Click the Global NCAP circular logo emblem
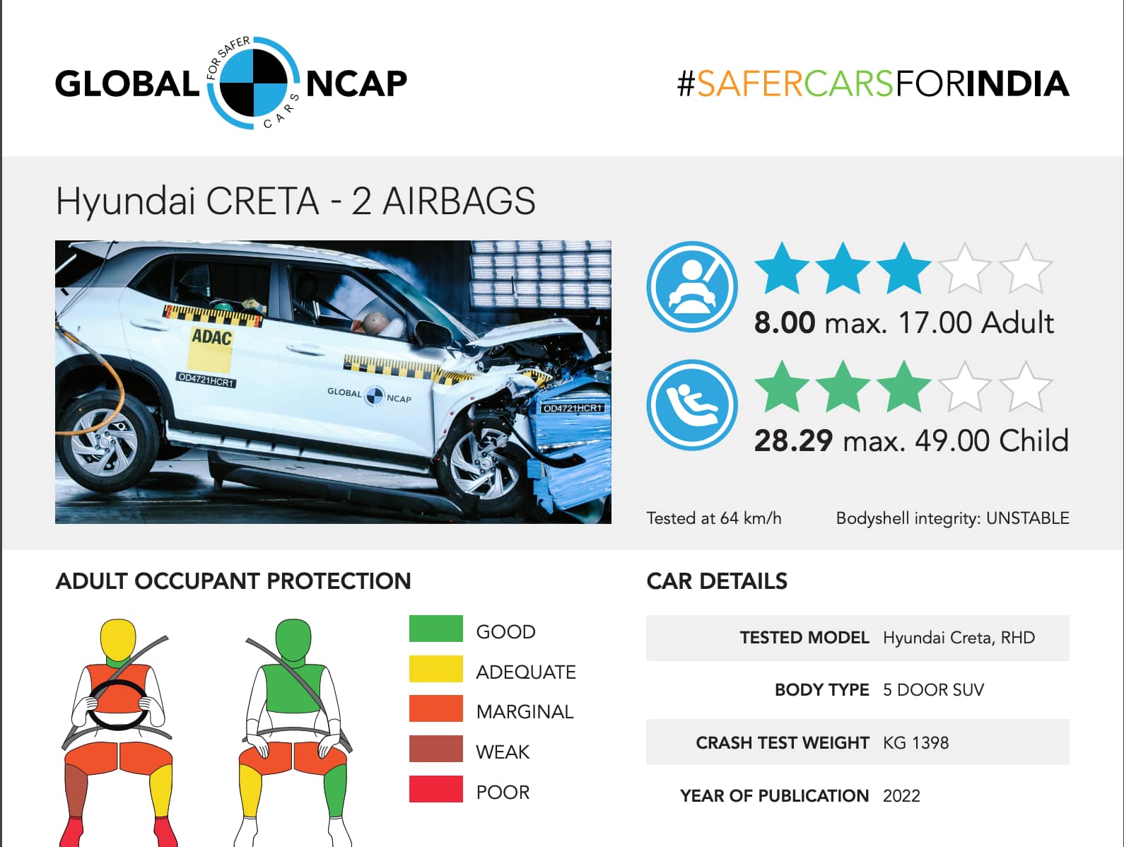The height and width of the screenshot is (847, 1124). [254, 83]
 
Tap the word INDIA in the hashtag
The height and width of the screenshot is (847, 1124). [1017, 84]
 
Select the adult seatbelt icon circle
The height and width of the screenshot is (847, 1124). [692, 287]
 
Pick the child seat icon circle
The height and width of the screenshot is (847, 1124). [692, 404]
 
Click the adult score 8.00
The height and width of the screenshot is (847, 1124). [784, 323]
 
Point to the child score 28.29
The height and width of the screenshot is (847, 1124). [793, 441]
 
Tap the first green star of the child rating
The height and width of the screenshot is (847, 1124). [781, 387]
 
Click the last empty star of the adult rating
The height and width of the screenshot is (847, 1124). [1025, 269]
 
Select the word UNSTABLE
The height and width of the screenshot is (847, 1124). [1027, 518]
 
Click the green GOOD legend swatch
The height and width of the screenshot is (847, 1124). [435, 629]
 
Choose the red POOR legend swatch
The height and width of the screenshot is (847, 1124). [435, 788]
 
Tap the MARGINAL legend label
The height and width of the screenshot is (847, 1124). [525, 712]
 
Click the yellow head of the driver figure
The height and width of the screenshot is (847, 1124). [118, 640]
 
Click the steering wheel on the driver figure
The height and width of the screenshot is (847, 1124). [118, 705]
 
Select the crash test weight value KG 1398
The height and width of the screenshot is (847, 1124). [915, 742]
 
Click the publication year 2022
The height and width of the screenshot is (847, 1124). [901, 796]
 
